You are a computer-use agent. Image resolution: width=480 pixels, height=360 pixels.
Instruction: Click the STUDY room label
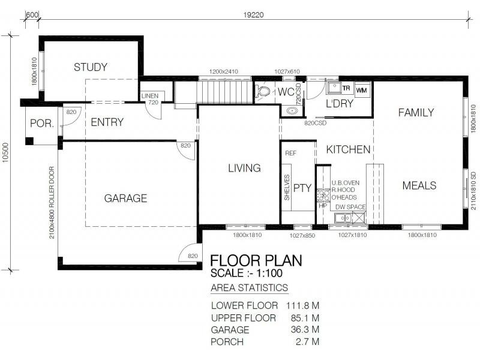(x=91, y=67)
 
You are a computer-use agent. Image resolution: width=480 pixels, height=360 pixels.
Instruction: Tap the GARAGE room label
(x=125, y=198)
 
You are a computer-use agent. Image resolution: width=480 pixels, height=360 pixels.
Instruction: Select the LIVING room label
(x=244, y=168)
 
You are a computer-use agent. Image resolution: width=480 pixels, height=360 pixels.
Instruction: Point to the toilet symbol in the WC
(x=263, y=92)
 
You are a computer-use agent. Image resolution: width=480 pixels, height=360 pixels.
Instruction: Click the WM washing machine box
(x=361, y=89)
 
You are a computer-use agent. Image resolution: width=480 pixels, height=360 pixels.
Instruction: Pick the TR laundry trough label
(x=346, y=88)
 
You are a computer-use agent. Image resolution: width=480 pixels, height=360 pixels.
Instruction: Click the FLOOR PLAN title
(x=256, y=260)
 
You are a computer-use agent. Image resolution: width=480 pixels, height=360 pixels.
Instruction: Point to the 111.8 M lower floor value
(x=300, y=305)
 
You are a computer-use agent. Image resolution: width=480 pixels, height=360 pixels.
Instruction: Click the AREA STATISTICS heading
(x=249, y=288)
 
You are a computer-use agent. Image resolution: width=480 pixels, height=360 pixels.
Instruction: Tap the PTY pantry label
(x=302, y=188)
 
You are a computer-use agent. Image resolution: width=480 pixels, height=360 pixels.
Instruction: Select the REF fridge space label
(x=291, y=154)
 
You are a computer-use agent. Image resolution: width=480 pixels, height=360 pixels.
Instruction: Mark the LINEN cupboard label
(x=149, y=96)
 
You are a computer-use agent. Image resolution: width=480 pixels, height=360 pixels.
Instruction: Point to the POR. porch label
(x=41, y=124)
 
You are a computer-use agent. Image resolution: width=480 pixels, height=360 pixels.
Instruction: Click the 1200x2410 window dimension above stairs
(x=223, y=72)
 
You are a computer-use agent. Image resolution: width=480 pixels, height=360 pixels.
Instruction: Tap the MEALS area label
(x=419, y=185)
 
